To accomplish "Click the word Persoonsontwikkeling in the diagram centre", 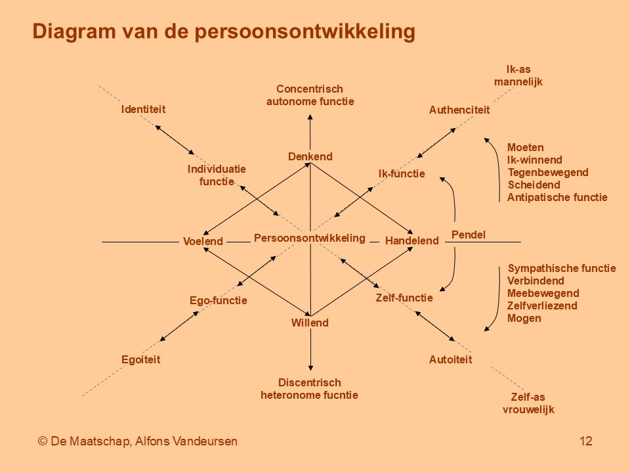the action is point(310,238).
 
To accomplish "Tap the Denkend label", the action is point(310,156).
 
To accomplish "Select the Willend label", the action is point(310,323).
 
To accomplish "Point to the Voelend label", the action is point(203,241).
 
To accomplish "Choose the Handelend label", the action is point(412,241).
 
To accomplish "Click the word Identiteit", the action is point(144,110).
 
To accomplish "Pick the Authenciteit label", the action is point(459,110).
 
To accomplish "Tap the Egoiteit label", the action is point(140,359).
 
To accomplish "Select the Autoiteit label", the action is point(450,359).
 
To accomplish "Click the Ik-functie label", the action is point(402,173).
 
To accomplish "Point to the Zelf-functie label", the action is point(404,298).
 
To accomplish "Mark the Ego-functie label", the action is point(218,301).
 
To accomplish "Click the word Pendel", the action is point(469,235).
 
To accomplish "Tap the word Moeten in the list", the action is point(526,148).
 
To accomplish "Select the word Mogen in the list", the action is point(524,319).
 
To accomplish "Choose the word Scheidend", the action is point(534,185).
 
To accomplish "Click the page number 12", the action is point(586,441).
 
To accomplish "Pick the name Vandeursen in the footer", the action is point(205,441).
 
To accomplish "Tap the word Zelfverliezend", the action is point(542,306).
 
